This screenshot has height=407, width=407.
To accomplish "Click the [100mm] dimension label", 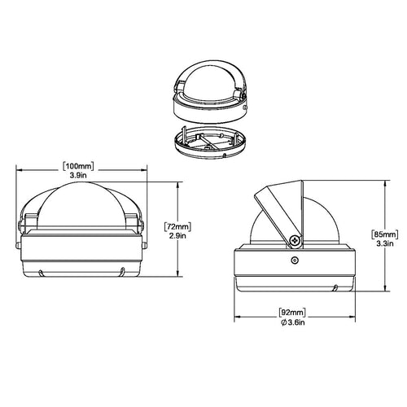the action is pyautogui.click(x=78, y=166).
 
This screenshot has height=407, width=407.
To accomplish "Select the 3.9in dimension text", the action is pyautogui.click(x=78, y=175).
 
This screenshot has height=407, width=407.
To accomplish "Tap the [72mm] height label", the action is pyautogui.click(x=177, y=226).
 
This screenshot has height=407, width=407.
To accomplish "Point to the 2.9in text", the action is pyautogui.click(x=177, y=235).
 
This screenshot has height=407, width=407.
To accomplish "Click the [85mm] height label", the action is pyautogui.click(x=385, y=234).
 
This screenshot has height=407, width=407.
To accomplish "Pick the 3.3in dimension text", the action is pyautogui.click(x=385, y=243).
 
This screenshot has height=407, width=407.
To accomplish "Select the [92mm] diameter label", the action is pyautogui.click(x=292, y=313).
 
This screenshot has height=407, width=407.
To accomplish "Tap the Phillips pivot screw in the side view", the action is pyautogui.click(x=295, y=240).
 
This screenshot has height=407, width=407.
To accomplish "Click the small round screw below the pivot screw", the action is pyautogui.click(x=295, y=260).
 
